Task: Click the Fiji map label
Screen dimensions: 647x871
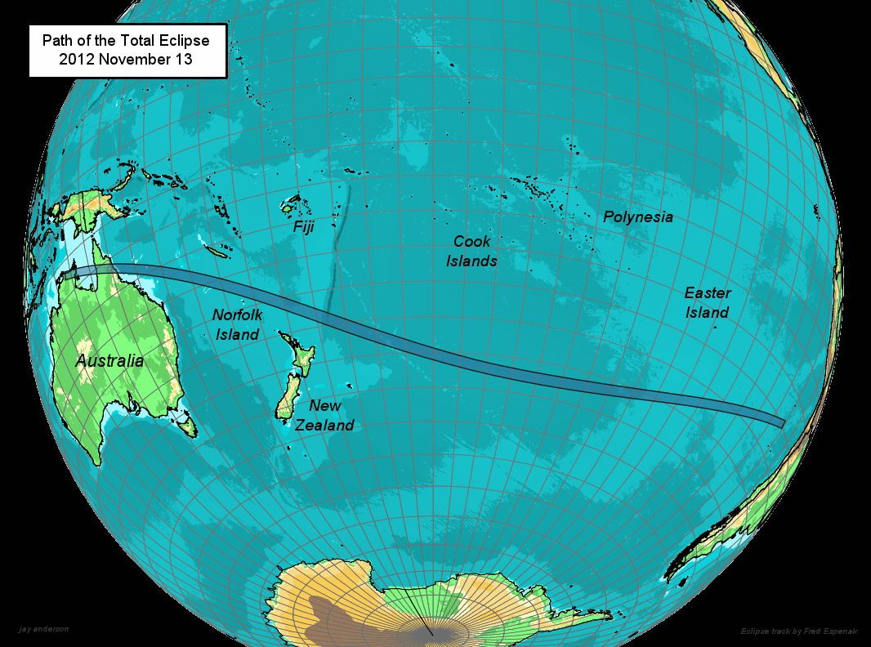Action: click(303, 227)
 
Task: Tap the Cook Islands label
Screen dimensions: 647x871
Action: click(471, 251)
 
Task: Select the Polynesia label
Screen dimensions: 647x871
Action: click(638, 217)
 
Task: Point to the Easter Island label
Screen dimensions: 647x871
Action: click(708, 302)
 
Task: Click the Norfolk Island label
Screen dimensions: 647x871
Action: click(237, 324)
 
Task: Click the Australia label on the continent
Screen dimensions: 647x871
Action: click(109, 360)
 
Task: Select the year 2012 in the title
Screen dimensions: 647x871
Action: click(75, 60)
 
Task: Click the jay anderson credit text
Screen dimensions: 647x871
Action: click(43, 629)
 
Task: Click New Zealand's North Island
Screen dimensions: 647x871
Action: click(301, 359)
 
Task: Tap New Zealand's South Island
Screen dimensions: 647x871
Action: click(287, 399)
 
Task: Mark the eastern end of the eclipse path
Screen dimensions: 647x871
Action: click(780, 422)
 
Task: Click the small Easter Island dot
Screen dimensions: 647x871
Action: click(715, 327)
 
